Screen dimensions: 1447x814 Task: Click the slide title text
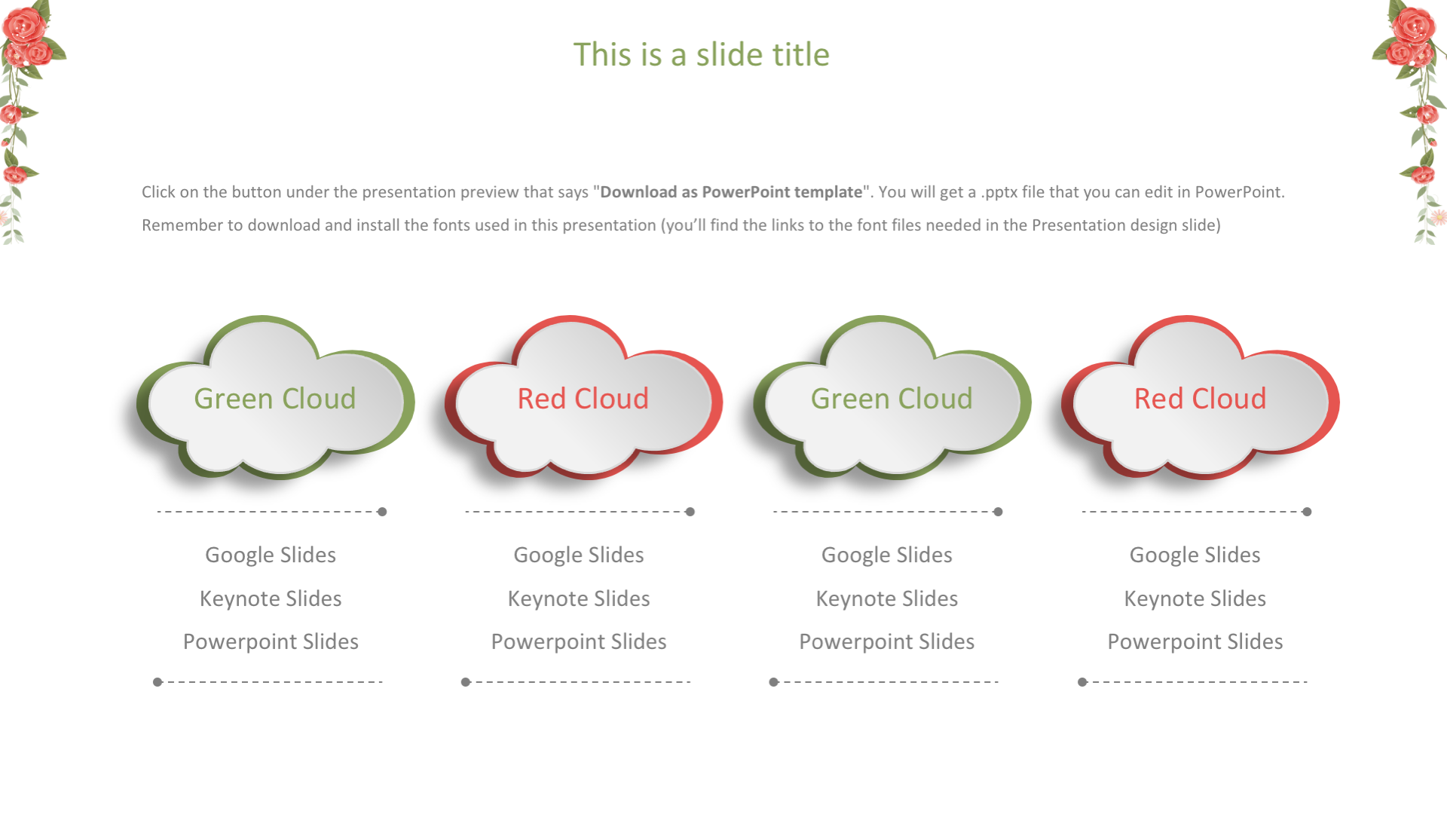click(701, 54)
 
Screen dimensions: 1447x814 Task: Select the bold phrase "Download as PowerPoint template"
click(731, 192)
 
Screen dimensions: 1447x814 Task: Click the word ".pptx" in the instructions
click(999, 193)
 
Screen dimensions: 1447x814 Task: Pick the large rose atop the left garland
click(24, 24)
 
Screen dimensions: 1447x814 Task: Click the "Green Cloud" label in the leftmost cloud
click(274, 398)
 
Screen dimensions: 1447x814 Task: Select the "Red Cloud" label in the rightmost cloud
click(1200, 398)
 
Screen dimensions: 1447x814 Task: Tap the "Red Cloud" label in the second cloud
click(583, 398)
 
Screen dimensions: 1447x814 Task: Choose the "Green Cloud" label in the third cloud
click(892, 398)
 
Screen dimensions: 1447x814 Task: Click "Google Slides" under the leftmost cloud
click(271, 555)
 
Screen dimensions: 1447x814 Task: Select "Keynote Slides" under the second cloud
click(579, 598)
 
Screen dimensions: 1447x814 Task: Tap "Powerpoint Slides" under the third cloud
click(887, 642)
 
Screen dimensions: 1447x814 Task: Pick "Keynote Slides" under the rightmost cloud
click(1195, 598)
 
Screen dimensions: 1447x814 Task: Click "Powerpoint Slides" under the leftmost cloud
click(271, 642)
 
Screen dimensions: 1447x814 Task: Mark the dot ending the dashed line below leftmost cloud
click(382, 512)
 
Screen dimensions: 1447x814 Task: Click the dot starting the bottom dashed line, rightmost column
click(1082, 682)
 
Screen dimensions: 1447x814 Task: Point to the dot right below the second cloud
click(690, 512)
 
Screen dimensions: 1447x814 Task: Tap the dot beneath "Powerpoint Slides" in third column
click(773, 682)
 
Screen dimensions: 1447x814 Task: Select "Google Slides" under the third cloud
click(887, 555)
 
